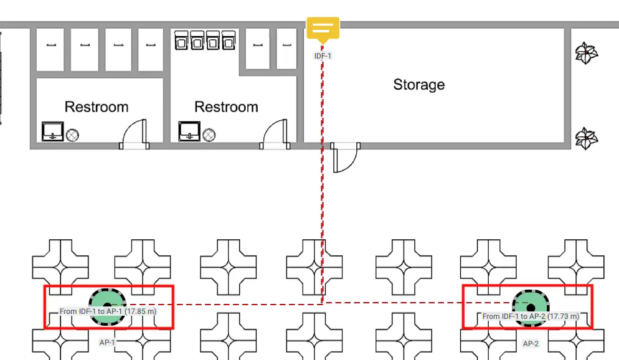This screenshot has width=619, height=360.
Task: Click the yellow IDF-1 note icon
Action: click(323, 29)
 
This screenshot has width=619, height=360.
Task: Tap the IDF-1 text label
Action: click(323, 56)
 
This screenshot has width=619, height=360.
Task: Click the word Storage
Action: click(419, 85)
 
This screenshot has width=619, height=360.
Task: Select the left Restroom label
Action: click(97, 107)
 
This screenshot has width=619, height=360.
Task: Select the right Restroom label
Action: click(226, 107)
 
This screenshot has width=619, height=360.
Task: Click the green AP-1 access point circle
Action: click(107, 306)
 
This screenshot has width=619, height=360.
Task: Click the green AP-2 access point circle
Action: click(531, 308)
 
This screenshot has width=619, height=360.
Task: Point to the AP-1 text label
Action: click(107, 342)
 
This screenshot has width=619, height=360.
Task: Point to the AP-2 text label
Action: click(531, 343)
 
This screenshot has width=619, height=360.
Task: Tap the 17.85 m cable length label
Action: click(108, 311)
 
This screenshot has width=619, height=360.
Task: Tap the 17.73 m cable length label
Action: click(531, 316)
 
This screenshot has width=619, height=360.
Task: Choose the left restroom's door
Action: click(135, 134)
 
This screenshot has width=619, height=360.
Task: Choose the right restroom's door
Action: click(275, 134)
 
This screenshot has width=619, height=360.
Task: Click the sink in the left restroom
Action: click(53, 131)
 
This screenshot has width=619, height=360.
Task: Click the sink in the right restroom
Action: click(189, 131)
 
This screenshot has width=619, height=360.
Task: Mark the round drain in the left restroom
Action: click(72, 135)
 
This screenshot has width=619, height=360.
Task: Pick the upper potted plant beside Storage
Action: click(586, 54)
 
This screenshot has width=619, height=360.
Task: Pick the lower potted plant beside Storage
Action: click(586, 138)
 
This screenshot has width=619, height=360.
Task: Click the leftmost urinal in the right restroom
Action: click(181, 40)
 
